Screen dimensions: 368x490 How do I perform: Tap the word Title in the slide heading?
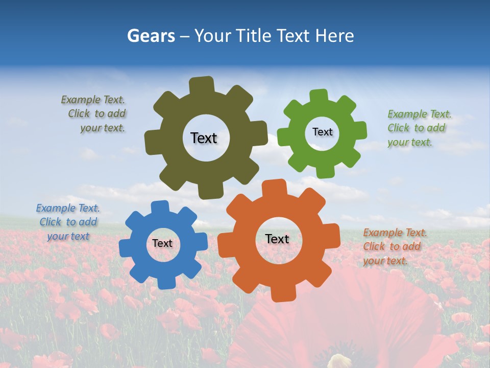[x=252, y=36]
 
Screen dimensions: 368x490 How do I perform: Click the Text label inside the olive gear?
[x=204, y=138]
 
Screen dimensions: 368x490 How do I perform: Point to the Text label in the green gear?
[x=322, y=132]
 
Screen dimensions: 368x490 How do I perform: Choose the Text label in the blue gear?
[x=162, y=243]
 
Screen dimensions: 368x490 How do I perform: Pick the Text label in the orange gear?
[x=277, y=239]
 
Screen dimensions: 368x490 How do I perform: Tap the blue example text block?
[x=68, y=222]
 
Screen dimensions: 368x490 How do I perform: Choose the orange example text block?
[x=393, y=246]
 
